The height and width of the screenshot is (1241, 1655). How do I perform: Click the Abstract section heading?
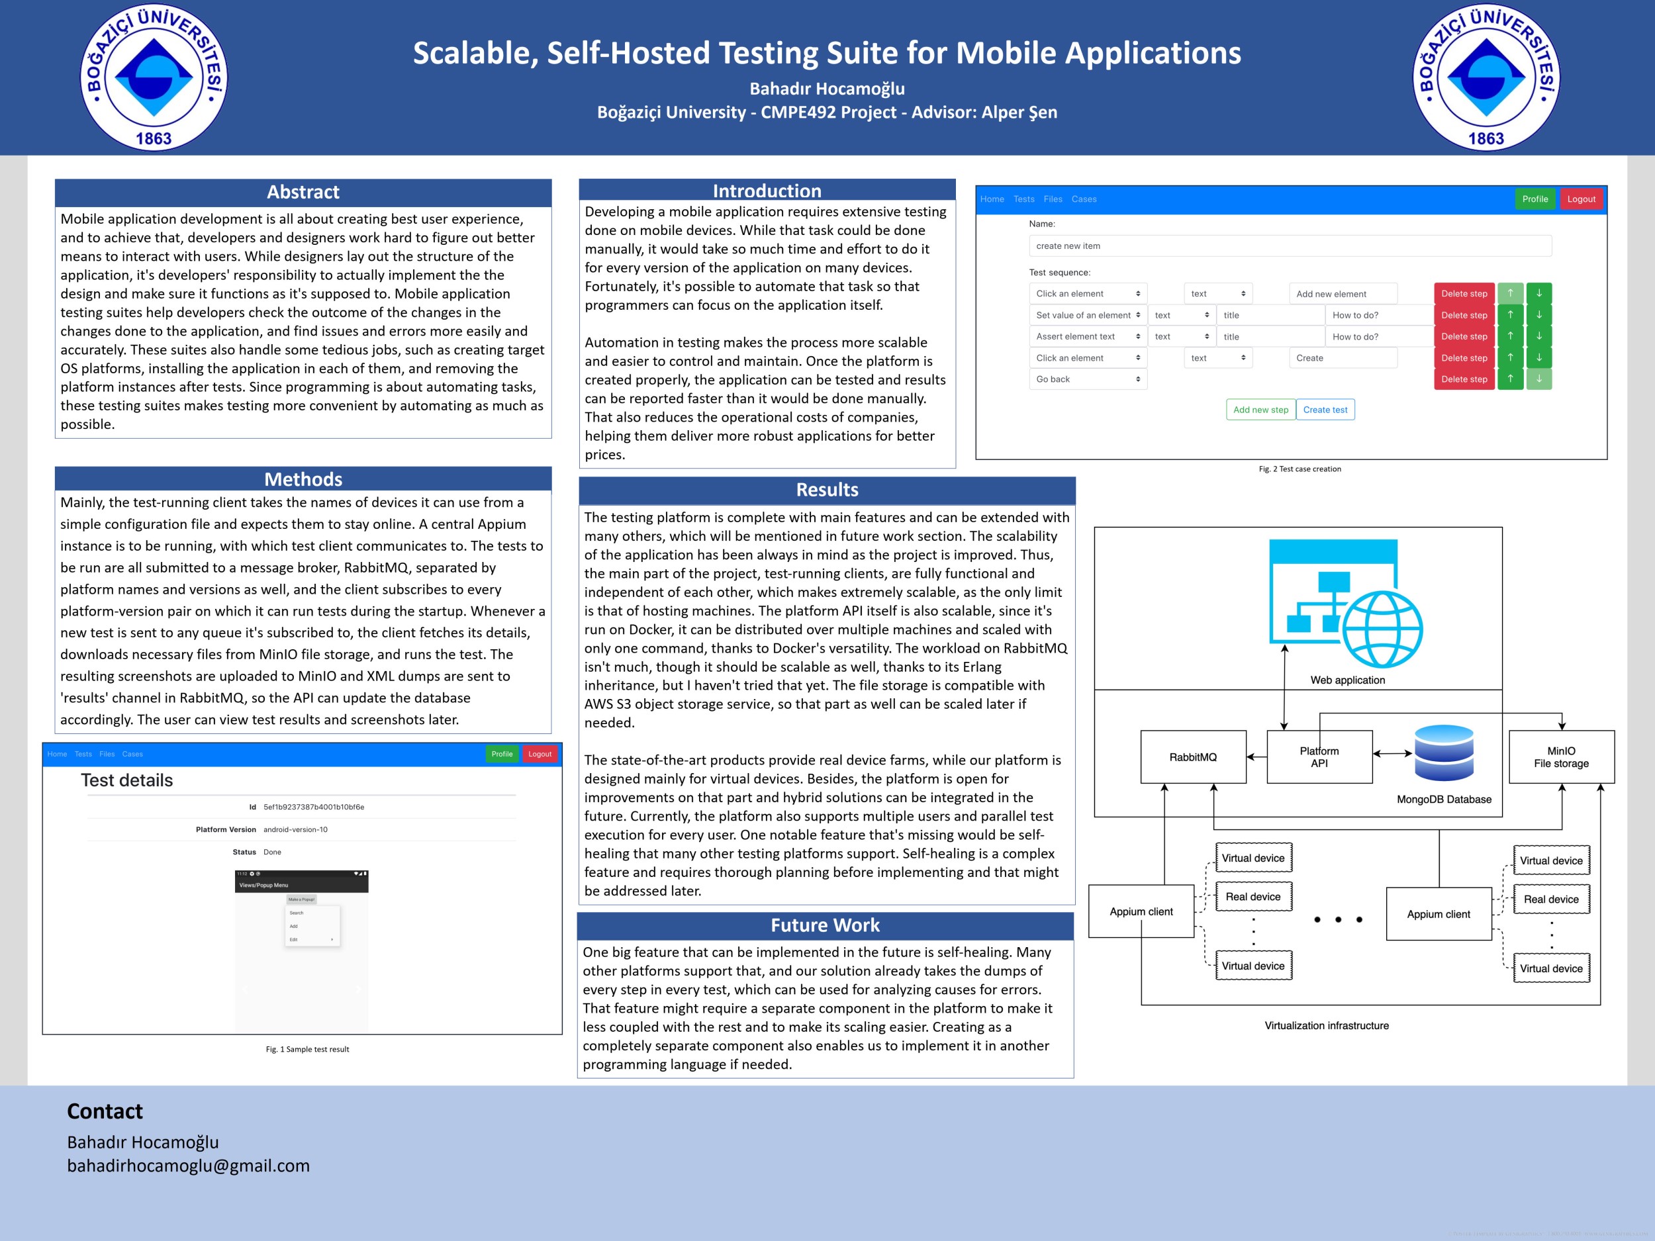click(x=303, y=192)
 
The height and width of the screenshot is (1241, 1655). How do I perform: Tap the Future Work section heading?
click(x=826, y=925)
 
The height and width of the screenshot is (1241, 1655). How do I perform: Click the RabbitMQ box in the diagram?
click(x=1193, y=757)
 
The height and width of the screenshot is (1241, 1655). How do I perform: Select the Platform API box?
click(x=1319, y=757)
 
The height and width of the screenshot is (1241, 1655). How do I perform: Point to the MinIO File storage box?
click(x=1561, y=757)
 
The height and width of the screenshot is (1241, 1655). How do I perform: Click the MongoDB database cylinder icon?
click(x=1443, y=753)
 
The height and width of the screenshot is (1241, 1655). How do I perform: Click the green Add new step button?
click(x=1260, y=410)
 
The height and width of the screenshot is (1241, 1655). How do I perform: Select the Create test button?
click(x=1325, y=410)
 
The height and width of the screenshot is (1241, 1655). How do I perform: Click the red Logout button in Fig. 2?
click(x=1581, y=199)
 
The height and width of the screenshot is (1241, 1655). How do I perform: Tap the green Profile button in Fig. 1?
click(x=502, y=754)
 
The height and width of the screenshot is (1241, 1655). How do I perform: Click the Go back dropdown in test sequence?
click(x=1087, y=379)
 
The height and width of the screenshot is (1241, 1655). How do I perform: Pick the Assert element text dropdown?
click(x=1087, y=337)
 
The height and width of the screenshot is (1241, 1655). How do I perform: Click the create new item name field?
click(x=1289, y=246)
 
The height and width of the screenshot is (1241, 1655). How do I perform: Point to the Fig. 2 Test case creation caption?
click(x=1300, y=469)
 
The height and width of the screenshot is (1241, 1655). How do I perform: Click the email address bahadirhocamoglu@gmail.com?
click(x=188, y=1166)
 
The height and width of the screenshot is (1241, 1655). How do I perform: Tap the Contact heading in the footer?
click(x=105, y=1111)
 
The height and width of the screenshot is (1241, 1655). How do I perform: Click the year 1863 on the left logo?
click(x=154, y=139)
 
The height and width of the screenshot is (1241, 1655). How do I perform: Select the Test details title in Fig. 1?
click(x=126, y=780)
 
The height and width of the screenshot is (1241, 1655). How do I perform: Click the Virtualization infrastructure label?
click(x=1326, y=1026)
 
